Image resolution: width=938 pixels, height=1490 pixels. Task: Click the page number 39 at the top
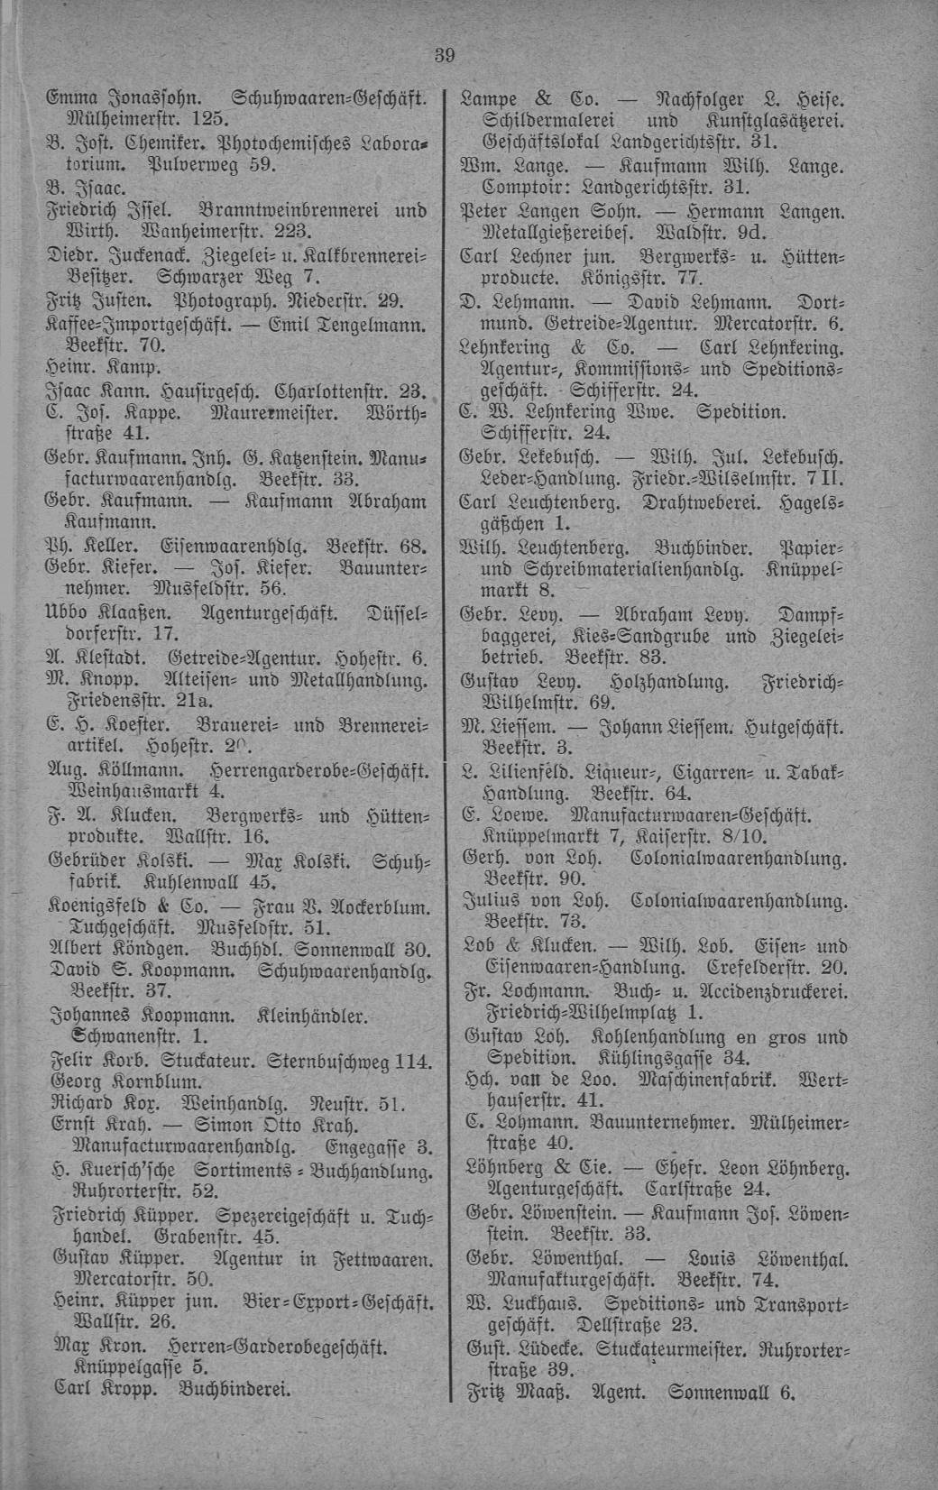444,55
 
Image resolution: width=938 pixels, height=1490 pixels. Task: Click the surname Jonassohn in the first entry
152,97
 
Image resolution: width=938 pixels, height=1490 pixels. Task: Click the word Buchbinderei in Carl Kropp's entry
235,1388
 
